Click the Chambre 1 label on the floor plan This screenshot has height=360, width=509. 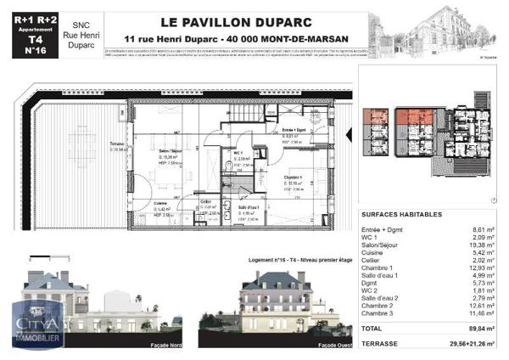pyautogui.click(x=293, y=177)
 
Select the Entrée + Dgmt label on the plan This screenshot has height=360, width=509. pyautogui.click(x=295, y=128)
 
